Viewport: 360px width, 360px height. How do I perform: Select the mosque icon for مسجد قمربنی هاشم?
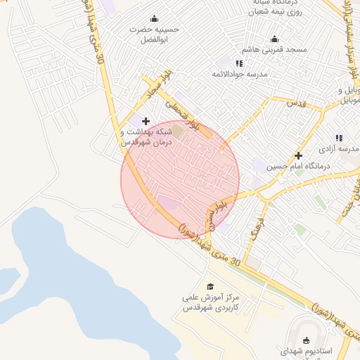tap(274, 39)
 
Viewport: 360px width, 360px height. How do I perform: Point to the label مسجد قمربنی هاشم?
tap(275, 51)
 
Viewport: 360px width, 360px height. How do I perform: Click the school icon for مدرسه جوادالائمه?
tap(239, 63)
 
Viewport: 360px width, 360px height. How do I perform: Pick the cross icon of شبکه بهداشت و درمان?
tap(146, 121)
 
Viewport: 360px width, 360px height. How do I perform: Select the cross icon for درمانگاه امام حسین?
tap(298, 155)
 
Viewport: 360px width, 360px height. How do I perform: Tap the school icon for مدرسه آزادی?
tap(338, 139)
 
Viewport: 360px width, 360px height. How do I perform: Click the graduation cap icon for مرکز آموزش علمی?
tap(210, 286)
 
